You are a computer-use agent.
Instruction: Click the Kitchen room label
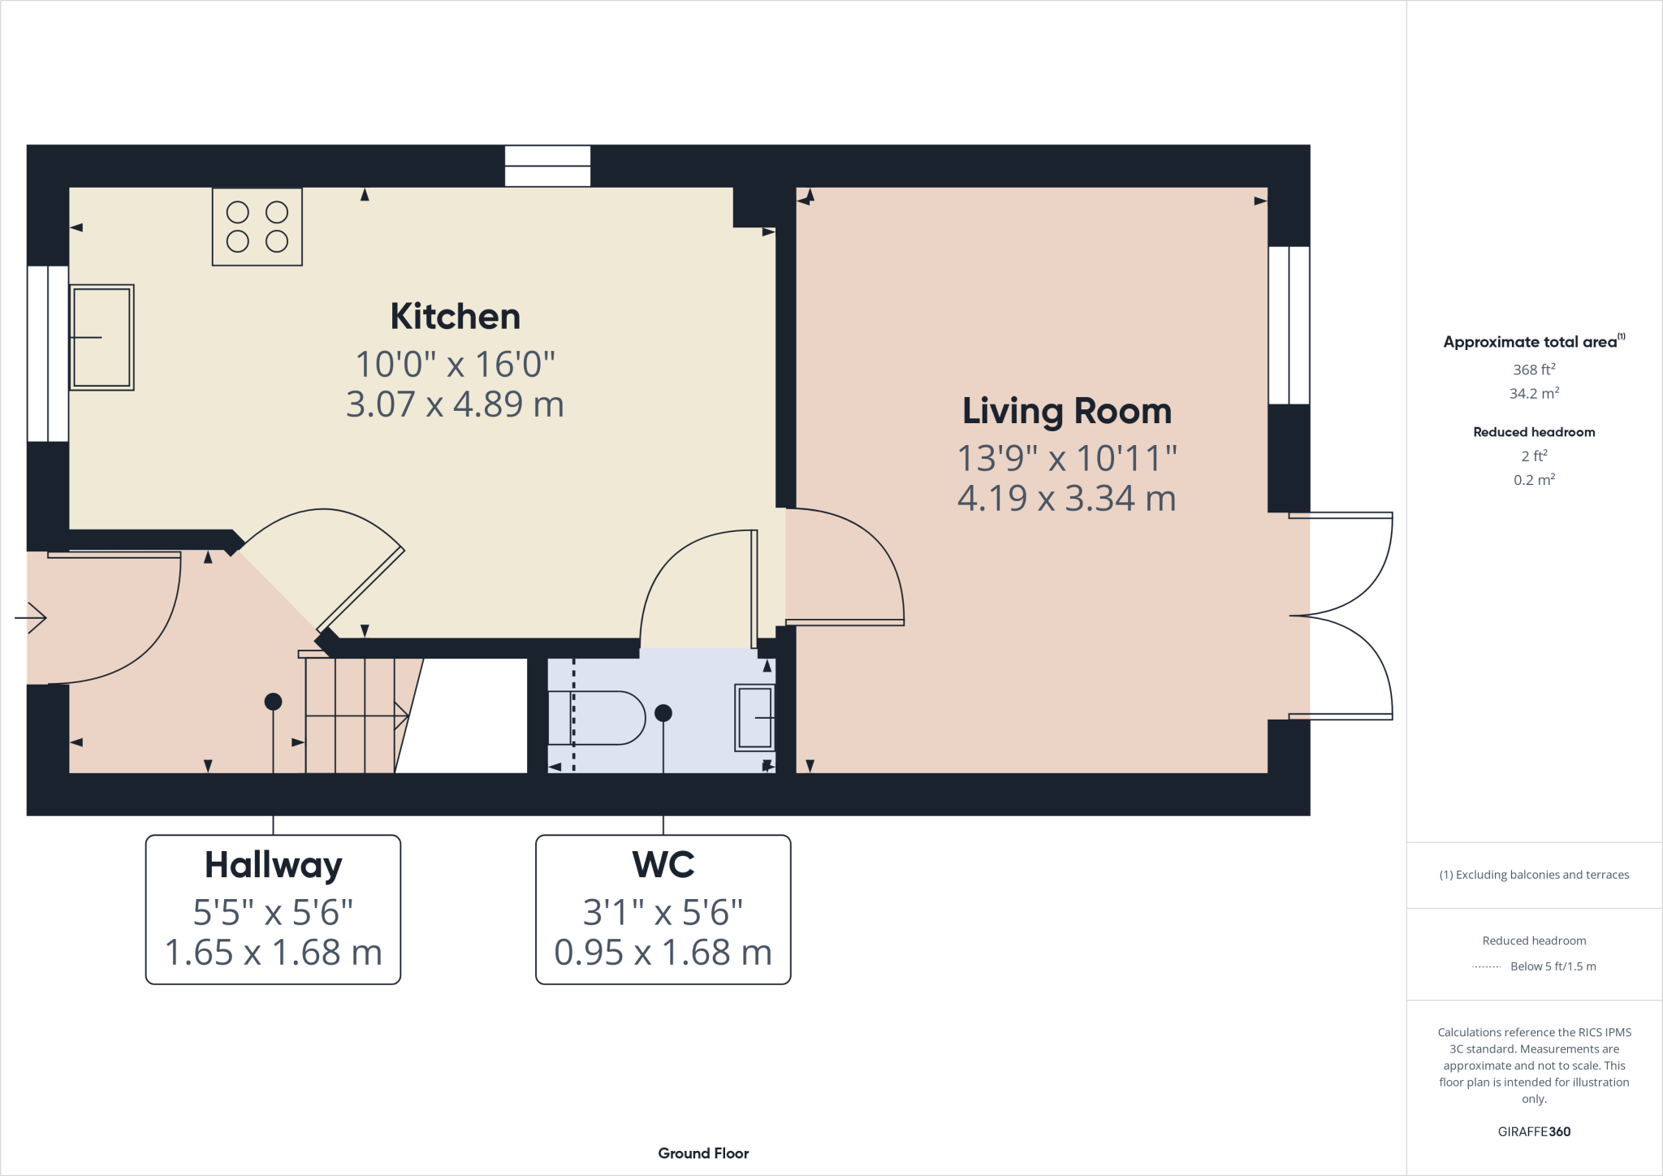coord(455,316)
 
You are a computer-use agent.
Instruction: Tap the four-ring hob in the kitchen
coord(257,227)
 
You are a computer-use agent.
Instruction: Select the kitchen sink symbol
coord(102,337)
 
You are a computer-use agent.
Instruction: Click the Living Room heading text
coord(1066,411)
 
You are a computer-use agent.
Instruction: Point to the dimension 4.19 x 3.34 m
coord(1066,498)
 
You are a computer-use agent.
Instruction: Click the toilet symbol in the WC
coord(597,718)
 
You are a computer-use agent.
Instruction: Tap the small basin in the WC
coord(755,718)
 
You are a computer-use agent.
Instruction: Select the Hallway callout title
coord(273,865)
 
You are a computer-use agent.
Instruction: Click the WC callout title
coord(663,865)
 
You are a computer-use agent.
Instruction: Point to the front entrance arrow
coord(32,617)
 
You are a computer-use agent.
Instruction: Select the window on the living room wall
coord(1289,325)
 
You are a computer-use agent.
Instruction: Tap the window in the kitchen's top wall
coord(547,166)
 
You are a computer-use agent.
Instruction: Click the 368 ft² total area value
coord(1533,370)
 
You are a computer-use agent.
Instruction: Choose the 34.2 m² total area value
coord(1533,394)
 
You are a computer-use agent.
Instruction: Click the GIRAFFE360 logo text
coord(1533,1131)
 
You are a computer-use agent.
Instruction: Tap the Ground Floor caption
coord(703,1153)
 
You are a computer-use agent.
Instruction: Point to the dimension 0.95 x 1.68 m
coord(663,953)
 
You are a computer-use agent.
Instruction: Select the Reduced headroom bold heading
coord(1533,432)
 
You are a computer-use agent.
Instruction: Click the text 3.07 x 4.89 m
coord(455,404)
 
